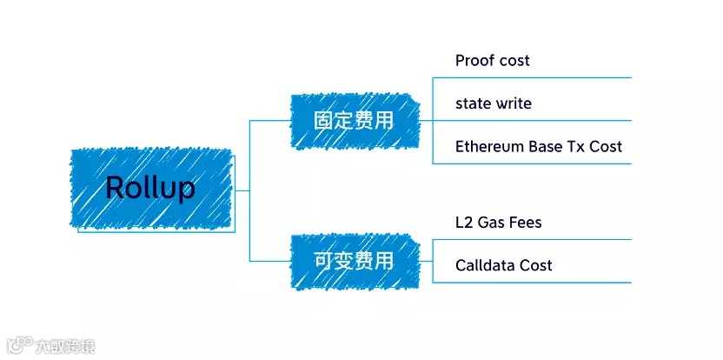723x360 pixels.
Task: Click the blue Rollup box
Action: (150, 189)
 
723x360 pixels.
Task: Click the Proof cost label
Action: (492, 61)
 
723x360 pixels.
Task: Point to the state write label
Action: (493, 103)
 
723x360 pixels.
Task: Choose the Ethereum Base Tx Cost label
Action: (538, 146)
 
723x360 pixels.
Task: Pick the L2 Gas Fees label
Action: (498, 223)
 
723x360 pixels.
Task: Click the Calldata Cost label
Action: (503, 265)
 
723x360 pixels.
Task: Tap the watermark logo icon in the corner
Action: (18, 345)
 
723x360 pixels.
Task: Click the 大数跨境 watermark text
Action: (66, 346)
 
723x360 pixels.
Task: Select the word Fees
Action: (525, 223)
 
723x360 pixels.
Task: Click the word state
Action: (473, 103)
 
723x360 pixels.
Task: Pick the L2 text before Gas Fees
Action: (464, 223)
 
